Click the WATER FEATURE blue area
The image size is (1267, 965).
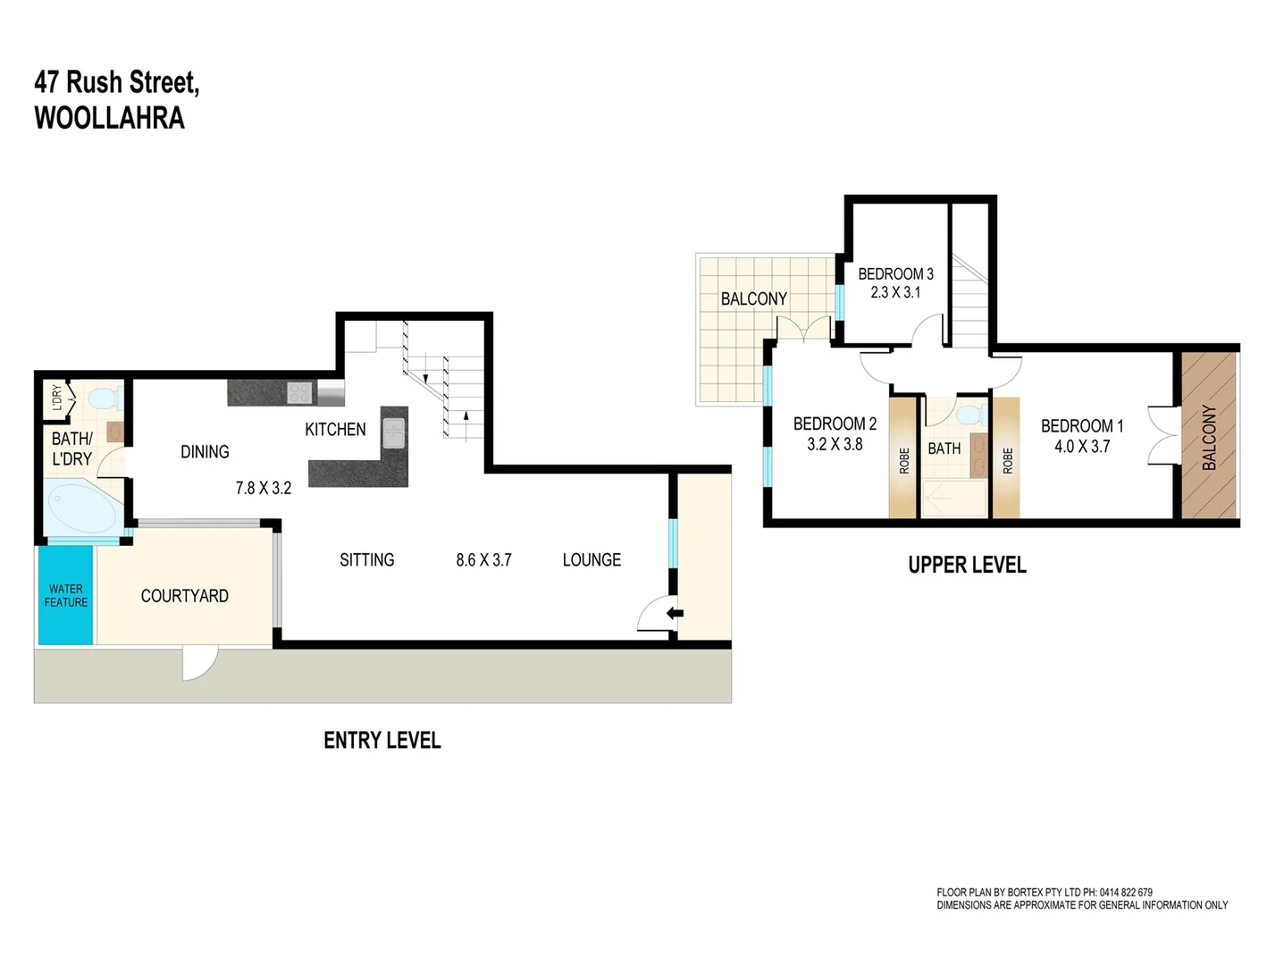coord(65,595)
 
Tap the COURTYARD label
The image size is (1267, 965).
coord(184,596)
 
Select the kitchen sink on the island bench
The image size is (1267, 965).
coord(394,432)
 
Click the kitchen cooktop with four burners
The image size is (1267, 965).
coord(299,392)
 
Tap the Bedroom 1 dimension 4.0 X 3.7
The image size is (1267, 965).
coord(1081,447)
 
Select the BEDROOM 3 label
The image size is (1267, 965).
coord(895,274)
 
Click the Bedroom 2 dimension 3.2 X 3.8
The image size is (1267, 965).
coord(835,444)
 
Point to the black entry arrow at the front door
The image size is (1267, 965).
coord(675,613)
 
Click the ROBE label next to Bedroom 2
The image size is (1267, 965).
coord(903,461)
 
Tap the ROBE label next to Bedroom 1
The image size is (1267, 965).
coord(1007,461)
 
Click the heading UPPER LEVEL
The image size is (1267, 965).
coord(967,565)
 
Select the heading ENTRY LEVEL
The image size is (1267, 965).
coord(382,740)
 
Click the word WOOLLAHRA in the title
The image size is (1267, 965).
coord(109,118)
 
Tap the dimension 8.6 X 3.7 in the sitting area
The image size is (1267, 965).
coord(483,560)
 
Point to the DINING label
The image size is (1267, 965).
coord(205,452)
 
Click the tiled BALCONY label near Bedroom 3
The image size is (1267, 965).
coord(753,299)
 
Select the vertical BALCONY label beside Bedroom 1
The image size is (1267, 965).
coord(1209,437)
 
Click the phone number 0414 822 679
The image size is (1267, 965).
coord(1126,892)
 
